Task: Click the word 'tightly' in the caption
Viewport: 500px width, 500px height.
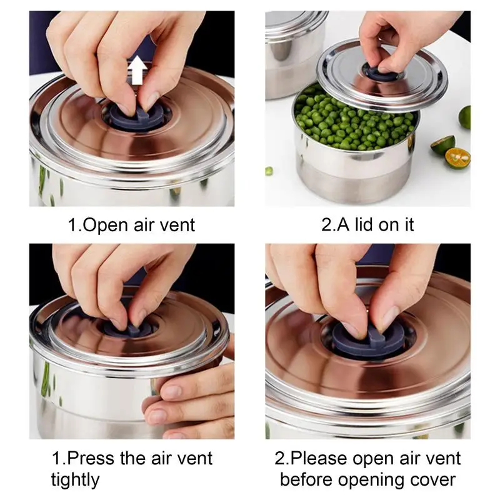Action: [75, 480]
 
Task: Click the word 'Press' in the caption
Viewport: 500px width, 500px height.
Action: [91, 458]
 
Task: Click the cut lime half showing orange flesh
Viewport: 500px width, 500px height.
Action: [457, 159]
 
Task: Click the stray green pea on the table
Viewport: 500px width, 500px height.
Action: [269, 171]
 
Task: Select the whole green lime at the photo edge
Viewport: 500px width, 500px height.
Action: [464, 117]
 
